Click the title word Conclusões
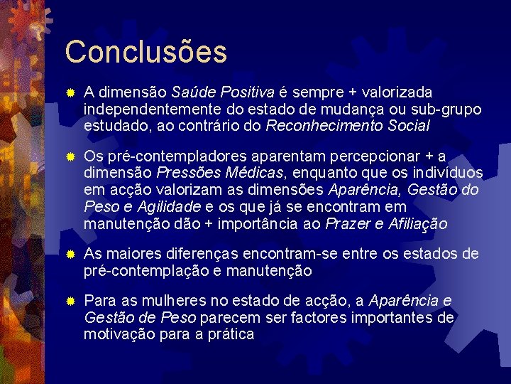145,52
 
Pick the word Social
409,127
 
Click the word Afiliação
417,225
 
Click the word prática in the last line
229,335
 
